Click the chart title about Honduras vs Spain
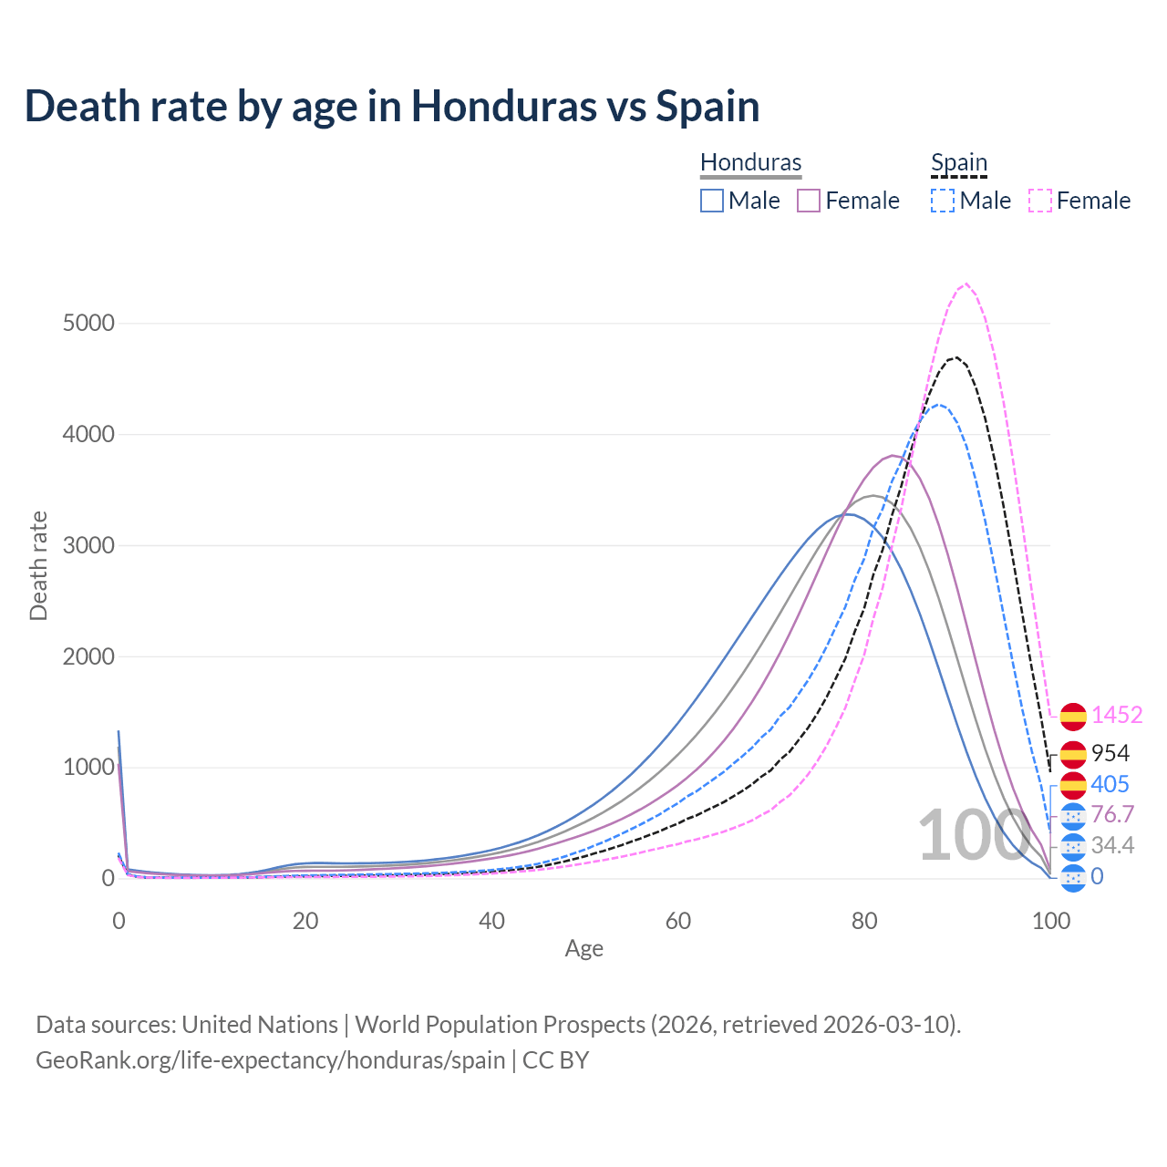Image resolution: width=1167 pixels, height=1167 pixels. click(392, 106)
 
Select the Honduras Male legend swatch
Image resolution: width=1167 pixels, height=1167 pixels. click(712, 201)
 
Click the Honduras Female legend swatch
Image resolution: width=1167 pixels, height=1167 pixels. click(810, 201)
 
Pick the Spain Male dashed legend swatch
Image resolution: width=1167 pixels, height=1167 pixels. click(943, 201)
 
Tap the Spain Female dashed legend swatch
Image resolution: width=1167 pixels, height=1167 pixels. click(1040, 201)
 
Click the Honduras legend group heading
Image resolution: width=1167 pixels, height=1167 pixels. click(750, 162)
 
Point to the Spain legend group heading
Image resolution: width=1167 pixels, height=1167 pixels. click(959, 162)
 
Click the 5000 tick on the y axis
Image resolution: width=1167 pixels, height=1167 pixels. click(88, 324)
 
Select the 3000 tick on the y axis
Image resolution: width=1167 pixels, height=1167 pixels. click(88, 546)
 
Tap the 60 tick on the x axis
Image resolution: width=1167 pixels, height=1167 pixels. click(678, 921)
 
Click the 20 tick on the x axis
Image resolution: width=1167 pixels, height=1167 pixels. click(305, 921)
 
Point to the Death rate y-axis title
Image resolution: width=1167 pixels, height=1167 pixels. click(38, 566)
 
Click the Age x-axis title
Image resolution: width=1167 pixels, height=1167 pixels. click(584, 949)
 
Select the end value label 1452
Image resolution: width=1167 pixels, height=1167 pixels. click(1117, 715)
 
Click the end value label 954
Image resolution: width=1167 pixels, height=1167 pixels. click(1110, 753)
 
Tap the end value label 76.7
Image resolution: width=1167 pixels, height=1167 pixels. click(1112, 814)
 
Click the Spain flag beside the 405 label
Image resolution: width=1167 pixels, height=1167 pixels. click(1073, 784)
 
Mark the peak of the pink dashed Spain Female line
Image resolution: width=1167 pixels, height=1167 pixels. click(966, 284)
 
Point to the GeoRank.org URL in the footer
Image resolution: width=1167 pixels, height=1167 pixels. click(270, 1060)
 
